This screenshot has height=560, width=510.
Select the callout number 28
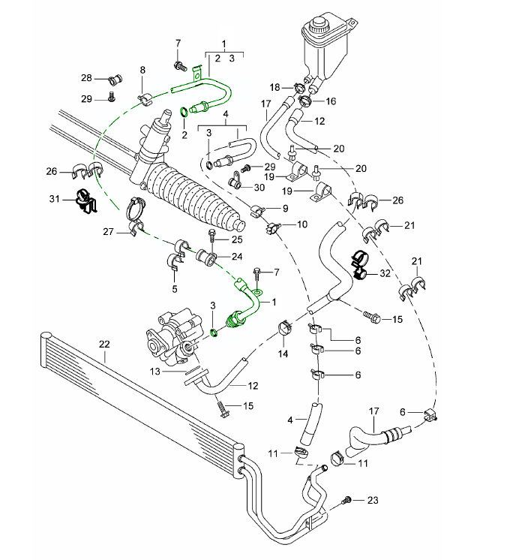pos(86,78)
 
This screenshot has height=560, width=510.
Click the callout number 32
pos(385,273)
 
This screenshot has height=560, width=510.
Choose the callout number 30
pos(259,188)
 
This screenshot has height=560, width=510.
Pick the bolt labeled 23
pos(347,499)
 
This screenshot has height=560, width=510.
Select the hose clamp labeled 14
pos(285,328)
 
